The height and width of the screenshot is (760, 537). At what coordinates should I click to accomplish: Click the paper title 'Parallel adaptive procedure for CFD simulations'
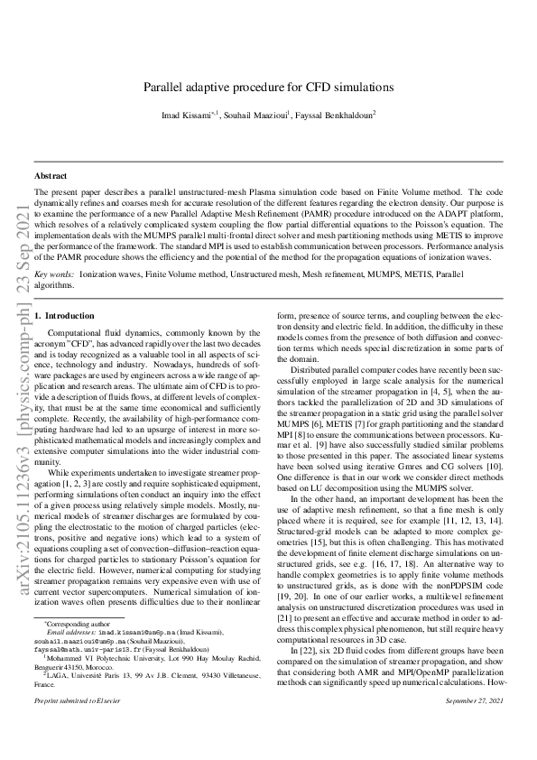pos(268,88)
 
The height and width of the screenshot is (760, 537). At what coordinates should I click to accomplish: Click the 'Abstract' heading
pos(51,175)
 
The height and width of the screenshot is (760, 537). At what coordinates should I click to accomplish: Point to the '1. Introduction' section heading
pos(64,316)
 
